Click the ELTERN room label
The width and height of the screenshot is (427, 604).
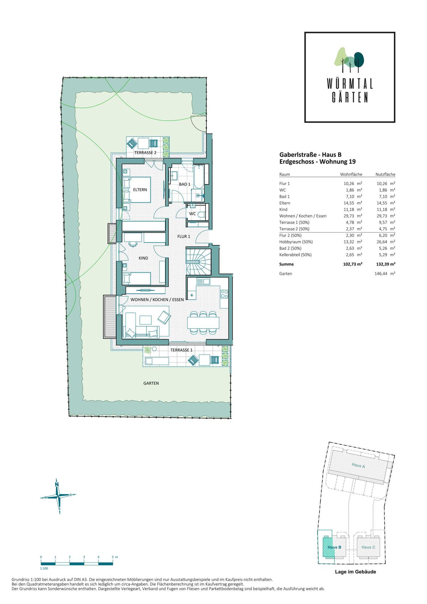(x=140, y=190)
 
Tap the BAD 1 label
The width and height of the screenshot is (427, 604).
(x=184, y=184)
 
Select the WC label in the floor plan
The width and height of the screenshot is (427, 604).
(x=192, y=214)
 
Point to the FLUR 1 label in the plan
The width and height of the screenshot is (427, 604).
(x=184, y=236)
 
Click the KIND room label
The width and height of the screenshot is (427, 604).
(x=143, y=258)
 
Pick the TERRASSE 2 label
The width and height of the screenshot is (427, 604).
(x=145, y=153)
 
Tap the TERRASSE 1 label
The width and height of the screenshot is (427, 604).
(x=181, y=350)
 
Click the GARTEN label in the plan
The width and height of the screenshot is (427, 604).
(x=151, y=383)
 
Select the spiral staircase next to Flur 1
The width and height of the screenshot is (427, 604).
(x=198, y=261)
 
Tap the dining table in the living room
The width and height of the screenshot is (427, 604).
(x=203, y=323)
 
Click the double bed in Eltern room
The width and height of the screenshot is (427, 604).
(x=137, y=190)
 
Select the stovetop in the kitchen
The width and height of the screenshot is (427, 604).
(x=224, y=294)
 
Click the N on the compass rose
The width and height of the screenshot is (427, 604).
(x=57, y=484)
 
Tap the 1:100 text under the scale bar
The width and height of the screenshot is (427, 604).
(x=44, y=568)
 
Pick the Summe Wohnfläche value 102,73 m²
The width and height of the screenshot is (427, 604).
(x=353, y=264)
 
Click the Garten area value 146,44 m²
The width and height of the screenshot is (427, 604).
(x=385, y=273)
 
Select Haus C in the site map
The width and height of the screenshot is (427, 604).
(x=368, y=547)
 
